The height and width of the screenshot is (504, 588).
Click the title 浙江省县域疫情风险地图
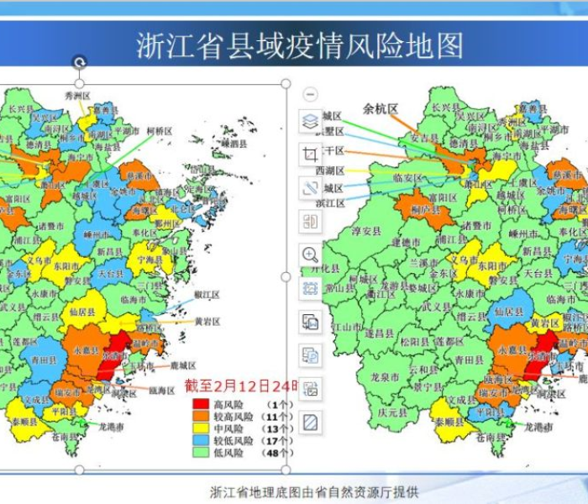pos(299,45)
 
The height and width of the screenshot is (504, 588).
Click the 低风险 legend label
pos(228,453)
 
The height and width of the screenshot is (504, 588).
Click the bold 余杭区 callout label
pos(381,108)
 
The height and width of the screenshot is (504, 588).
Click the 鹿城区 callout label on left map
pos(182,366)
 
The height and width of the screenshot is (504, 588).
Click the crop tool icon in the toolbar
pos(311,155)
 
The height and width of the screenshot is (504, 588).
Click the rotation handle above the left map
pos(79,61)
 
